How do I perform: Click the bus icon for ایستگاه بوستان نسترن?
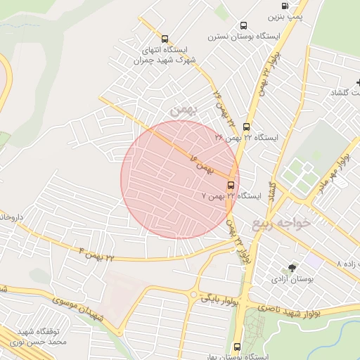click(244, 25)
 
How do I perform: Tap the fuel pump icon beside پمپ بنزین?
click(274, 5)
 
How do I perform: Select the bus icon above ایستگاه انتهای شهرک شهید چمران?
click(165, 39)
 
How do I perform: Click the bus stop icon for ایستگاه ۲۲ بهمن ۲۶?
click(246, 127)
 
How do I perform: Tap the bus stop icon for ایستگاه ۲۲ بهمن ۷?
click(231, 185)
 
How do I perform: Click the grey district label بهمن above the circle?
click(181, 109)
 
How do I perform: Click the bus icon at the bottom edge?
click(236, 347)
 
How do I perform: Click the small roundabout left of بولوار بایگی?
click(193, 295)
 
